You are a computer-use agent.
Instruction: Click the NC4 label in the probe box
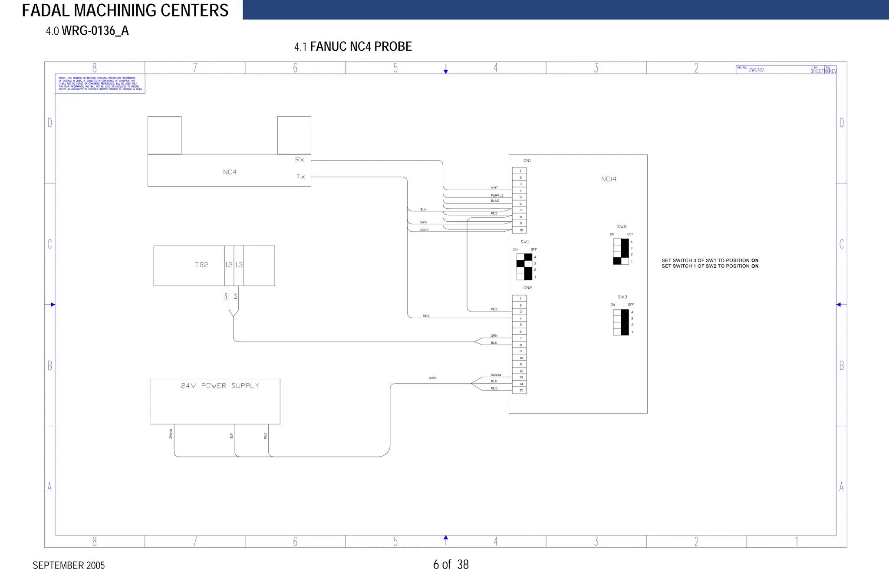coord(230,172)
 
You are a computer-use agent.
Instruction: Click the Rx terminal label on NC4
coord(300,160)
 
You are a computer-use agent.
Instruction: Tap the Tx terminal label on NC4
coord(300,177)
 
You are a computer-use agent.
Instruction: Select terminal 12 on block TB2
coord(229,265)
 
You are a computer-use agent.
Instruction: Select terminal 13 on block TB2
coord(239,265)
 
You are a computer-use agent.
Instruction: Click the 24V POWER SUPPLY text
coord(220,386)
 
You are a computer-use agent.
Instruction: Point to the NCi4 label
coord(609,179)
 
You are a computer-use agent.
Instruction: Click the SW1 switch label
coord(525,242)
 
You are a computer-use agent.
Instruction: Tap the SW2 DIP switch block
coord(621,252)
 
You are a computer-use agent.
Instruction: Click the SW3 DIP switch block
coord(621,322)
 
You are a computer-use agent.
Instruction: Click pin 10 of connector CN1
coord(520,230)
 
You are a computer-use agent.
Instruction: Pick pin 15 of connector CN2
coord(520,391)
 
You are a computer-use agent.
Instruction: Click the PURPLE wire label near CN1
coord(497,195)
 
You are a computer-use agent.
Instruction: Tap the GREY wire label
coord(424,230)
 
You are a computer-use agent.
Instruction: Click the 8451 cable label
coord(432,378)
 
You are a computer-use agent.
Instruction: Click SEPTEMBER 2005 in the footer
coord(69,565)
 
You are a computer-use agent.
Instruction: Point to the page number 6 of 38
coord(451,565)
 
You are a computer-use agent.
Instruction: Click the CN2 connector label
coord(527,288)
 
